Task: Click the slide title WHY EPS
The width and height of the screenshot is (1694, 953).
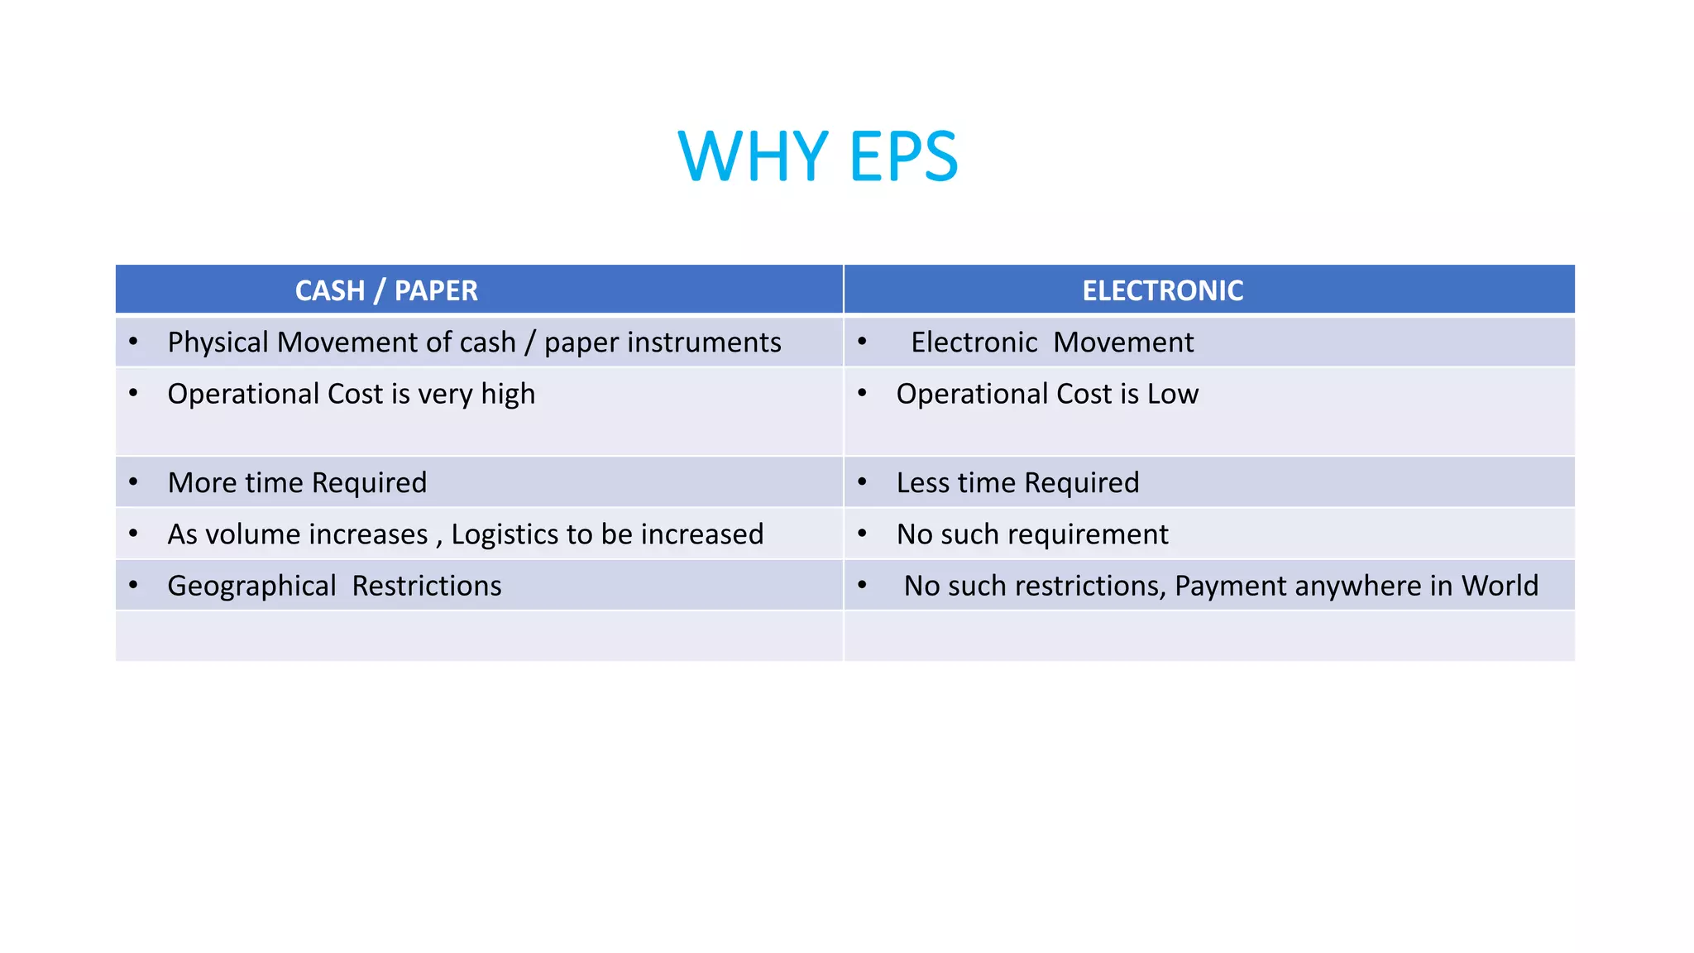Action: pos(817,156)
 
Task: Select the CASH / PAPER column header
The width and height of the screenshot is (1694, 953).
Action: pos(386,290)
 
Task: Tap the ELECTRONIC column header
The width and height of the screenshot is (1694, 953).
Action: pos(1162,290)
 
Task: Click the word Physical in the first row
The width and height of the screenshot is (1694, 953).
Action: pos(218,342)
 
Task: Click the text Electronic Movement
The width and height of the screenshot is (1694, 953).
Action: pos(1052,342)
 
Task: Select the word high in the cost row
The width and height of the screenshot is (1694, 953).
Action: pos(508,395)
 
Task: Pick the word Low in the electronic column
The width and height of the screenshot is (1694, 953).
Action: pos(1173,395)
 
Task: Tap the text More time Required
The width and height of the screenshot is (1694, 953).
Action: pos(297,483)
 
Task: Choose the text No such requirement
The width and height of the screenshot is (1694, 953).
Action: pos(1032,534)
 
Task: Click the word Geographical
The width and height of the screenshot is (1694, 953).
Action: pos(251,587)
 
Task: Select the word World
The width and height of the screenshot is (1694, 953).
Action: pos(1500,586)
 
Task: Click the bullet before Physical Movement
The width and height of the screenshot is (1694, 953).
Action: pos(133,341)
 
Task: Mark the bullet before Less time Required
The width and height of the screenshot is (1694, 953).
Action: pos(862,481)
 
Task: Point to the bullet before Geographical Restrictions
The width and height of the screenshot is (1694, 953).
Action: pos(133,585)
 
